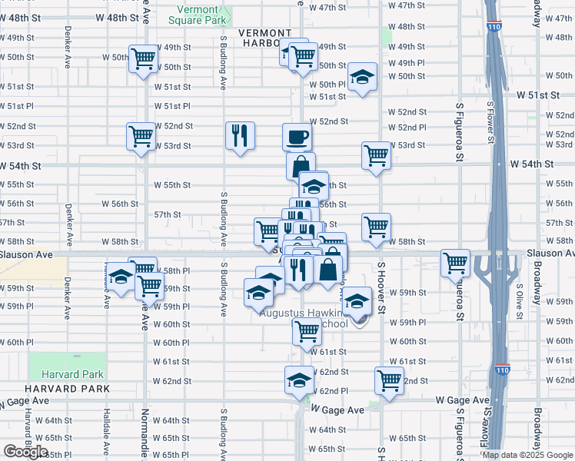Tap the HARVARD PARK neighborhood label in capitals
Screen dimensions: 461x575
[x=56, y=389]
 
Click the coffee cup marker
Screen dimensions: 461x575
[x=297, y=138]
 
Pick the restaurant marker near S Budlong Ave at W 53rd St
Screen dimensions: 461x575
[x=240, y=137]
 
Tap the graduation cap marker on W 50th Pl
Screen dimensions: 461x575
[x=362, y=78]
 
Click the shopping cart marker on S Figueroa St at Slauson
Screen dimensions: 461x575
[x=455, y=263]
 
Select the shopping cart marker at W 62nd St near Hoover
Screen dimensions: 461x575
[x=389, y=380]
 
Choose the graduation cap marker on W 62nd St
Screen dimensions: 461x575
[x=299, y=380]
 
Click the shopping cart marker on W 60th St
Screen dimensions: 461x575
[x=306, y=332]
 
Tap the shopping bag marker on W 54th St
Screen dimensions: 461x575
[x=300, y=165]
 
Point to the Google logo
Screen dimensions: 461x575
[x=25, y=452]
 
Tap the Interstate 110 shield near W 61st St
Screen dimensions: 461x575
[x=501, y=370]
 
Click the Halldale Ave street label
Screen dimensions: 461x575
[x=108, y=430]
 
